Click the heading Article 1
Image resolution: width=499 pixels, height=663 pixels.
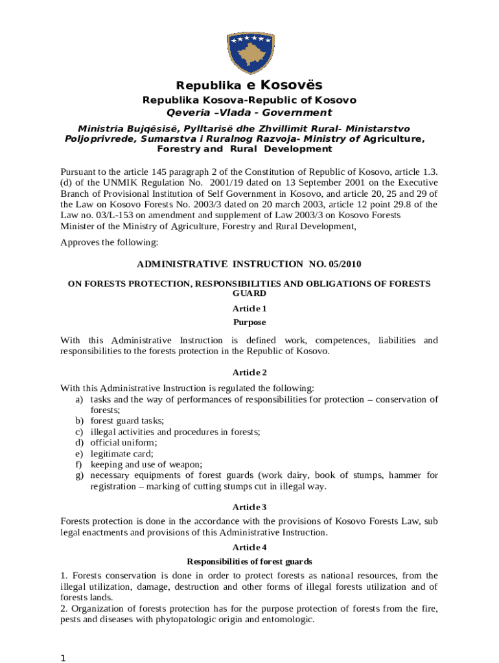pyautogui.click(x=250, y=309)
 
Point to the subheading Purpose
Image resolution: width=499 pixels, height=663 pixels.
pyautogui.click(x=250, y=322)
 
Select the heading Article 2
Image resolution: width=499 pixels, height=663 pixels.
pyautogui.click(x=250, y=372)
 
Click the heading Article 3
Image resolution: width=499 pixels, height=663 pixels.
pyautogui.click(x=250, y=506)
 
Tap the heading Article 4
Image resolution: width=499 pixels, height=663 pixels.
pyautogui.click(x=250, y=548)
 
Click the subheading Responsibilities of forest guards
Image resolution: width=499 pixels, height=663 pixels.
pyautogui.click(x=250, y=561)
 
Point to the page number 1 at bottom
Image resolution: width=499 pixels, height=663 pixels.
pyautogui.click(x=64, y=658)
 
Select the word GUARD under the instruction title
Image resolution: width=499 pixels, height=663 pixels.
pyautogui.click(x=249, y=293)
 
